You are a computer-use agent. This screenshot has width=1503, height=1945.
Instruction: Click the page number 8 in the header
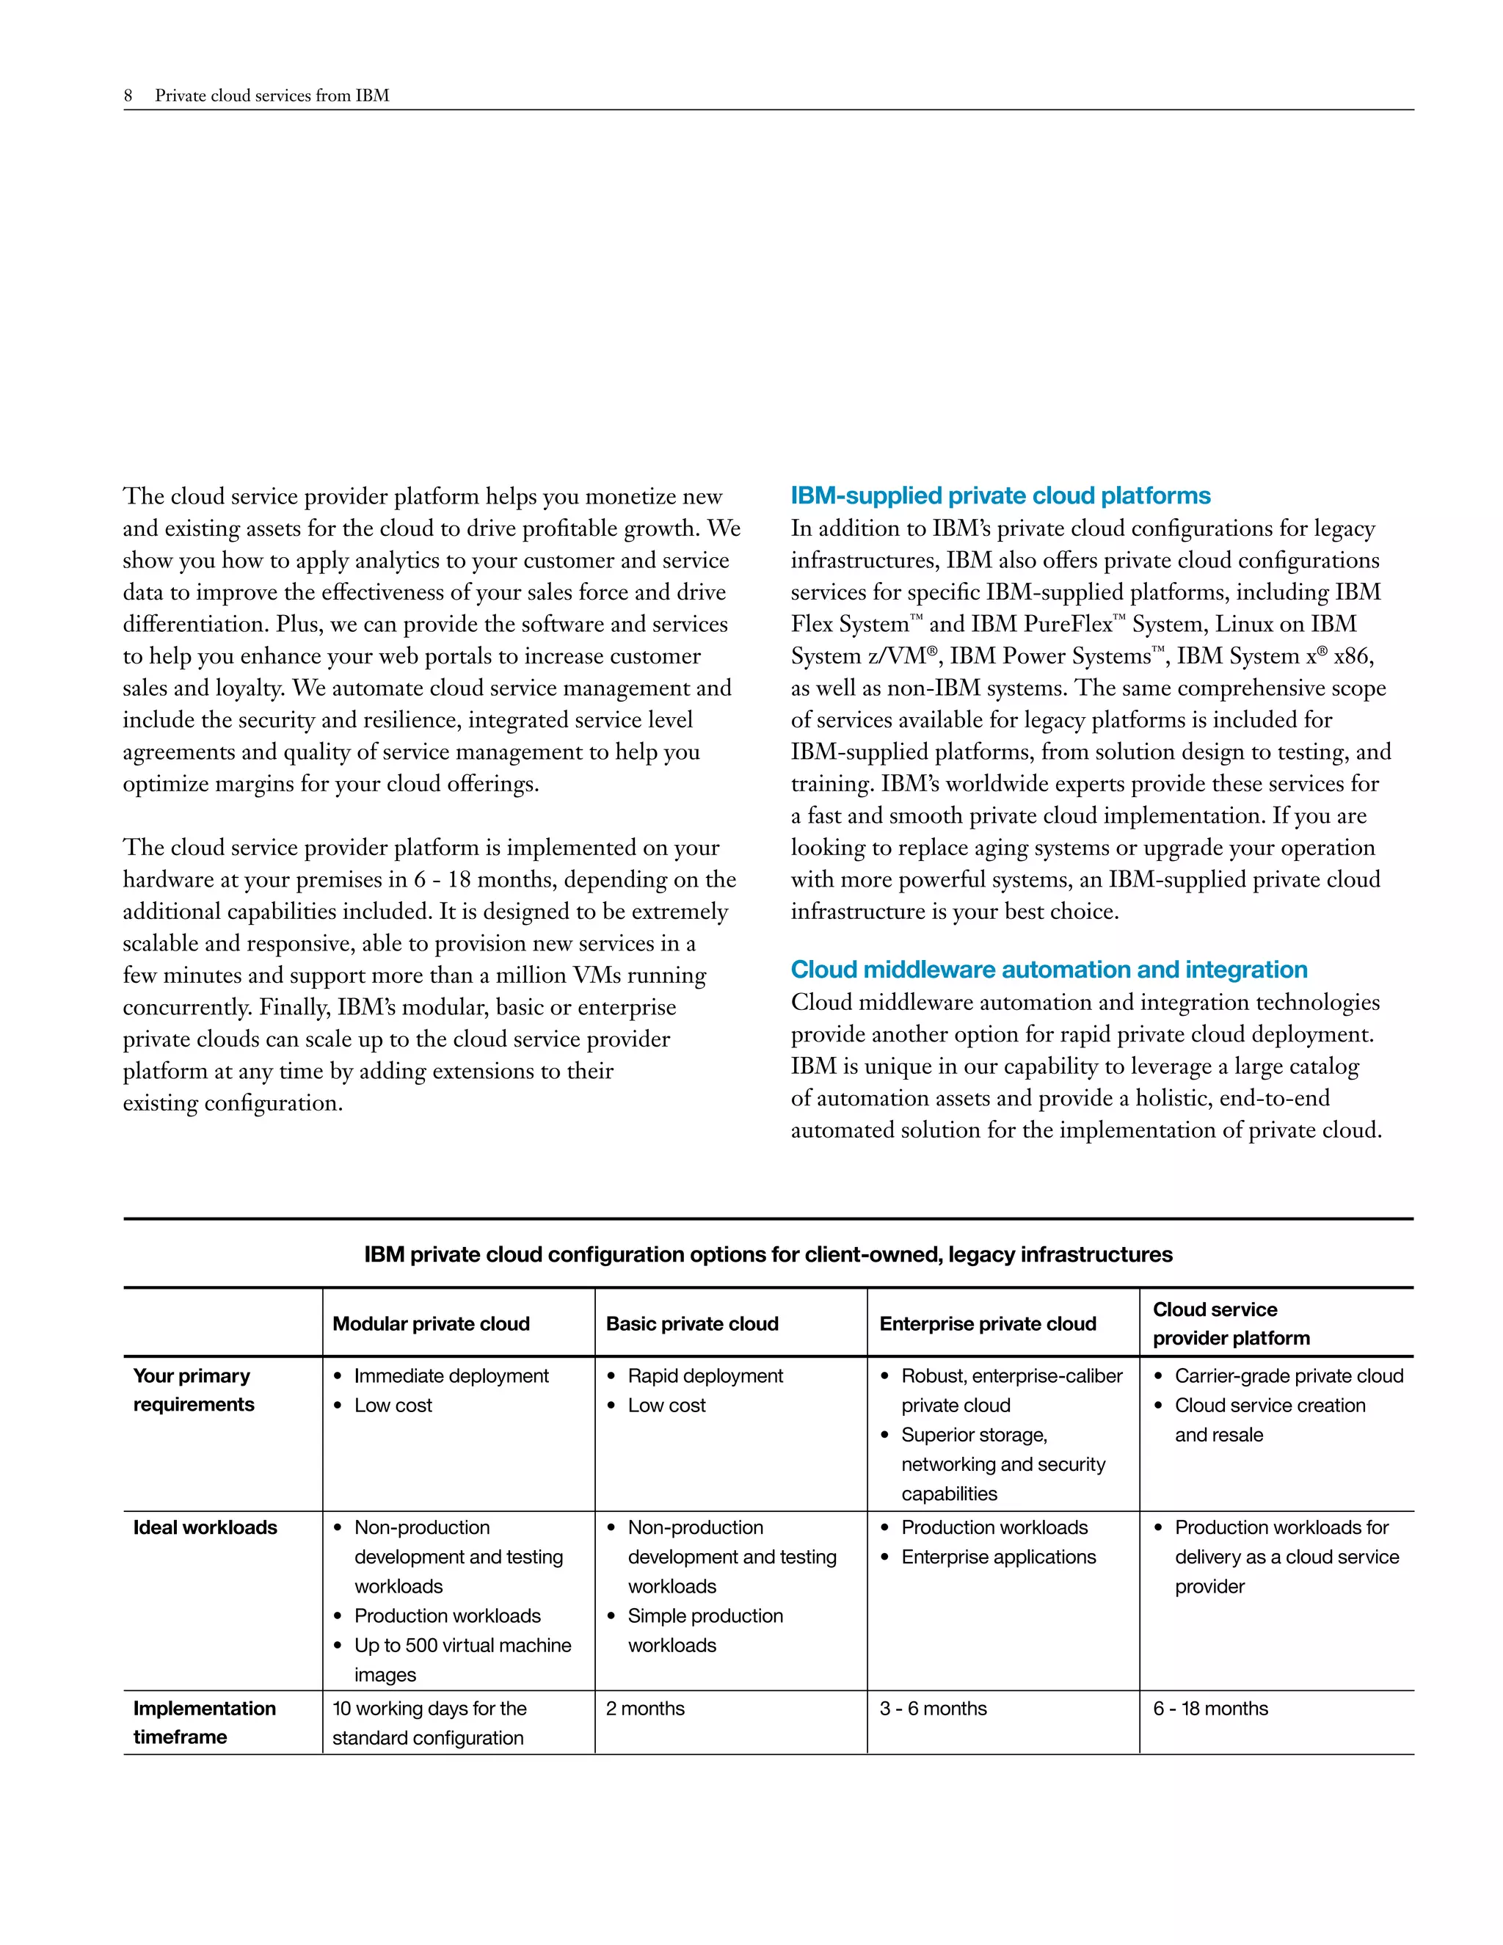(128, 95)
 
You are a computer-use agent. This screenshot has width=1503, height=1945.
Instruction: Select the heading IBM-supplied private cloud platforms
(1000, 496)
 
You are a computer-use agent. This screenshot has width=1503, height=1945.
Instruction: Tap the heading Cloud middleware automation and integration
(1049, 970)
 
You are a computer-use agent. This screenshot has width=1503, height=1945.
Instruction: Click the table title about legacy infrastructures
(768, 1255)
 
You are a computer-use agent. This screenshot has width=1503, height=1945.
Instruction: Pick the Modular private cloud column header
(431, 1324)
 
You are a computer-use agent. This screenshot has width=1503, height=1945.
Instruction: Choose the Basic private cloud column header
(692, 1324)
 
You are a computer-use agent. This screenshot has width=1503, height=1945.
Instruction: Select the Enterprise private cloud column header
(988, 1324)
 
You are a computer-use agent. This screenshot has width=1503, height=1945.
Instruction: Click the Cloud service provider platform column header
(1231, 1324)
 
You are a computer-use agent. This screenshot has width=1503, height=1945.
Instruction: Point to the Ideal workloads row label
(205, 1528)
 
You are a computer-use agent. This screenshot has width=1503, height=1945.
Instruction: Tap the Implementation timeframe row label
(204, 1723)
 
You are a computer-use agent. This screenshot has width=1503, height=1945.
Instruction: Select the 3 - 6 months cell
(934, 1709)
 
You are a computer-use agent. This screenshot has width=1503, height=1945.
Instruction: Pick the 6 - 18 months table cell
(1210, 1709)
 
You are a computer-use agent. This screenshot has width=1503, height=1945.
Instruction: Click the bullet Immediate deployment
(451, 1377)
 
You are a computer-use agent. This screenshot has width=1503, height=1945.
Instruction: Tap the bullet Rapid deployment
(705, 1377)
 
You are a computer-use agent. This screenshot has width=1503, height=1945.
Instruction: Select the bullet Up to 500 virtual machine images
(462, 1660)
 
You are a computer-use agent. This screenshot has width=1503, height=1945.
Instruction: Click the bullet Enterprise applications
(998, 1557)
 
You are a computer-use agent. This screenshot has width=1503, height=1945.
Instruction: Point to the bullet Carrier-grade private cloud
(1289, 1377)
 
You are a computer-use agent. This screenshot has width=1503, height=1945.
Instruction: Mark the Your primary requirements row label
(193, 1390)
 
